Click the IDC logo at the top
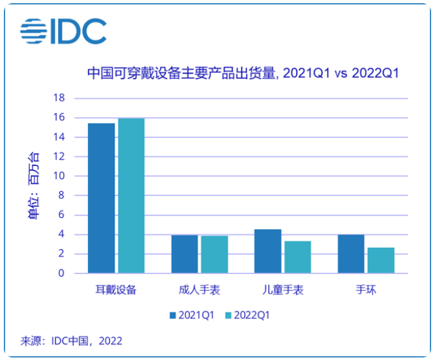tap(63, 31)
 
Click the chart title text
tap(242, 74)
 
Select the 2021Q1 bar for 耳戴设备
tap(101, 198)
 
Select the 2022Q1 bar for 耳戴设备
tap(131, 195)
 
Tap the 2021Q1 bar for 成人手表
tap(184, 254)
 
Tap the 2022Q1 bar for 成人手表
tap(214, 255)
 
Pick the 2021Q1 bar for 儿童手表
tap(268, 251)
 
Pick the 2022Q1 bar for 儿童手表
tap(298, 257)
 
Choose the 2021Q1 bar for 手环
tap(351, 254)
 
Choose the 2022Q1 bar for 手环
tap(381, 260)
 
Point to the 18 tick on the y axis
tap(59, 98)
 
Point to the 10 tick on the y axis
tap(59, 176)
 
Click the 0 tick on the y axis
tap(61, 273)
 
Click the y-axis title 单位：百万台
tap(33, 186)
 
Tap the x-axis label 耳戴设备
tap(116, 290)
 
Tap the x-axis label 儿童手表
tap(283, 290)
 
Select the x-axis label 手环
tap(366, 290)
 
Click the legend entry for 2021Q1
tap(192, 315)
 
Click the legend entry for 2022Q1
tap(247, 315)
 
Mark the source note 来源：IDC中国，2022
tap(72, 340)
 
